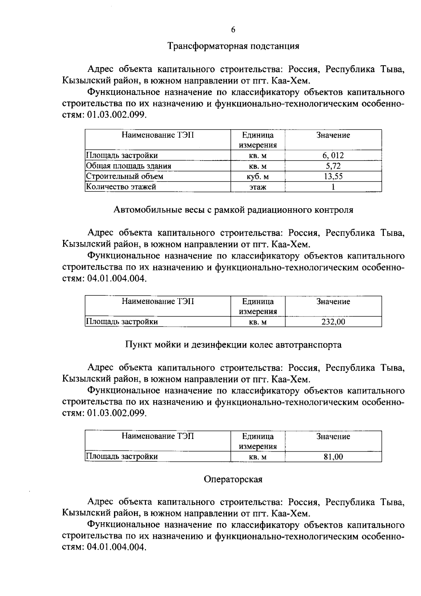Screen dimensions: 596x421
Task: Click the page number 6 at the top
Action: pyautogui.click(x=233, y=30)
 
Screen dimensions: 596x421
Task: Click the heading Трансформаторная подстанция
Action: pyautogui.click(x=233, y=46)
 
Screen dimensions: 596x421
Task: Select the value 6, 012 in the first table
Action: pyautogui.click(x=333, y=155)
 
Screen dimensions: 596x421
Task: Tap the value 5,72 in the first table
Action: pyautogui.click(x=333, y=166)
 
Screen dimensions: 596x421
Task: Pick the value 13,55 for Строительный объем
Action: pyautogui.click(x=333, y=176)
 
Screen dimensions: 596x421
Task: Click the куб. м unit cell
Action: pyautogui.click(x=258, y=177)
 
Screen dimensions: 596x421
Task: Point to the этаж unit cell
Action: pyautogui.click(x=258, y=187)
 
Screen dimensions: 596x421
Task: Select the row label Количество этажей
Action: pyautogui.click(x=121, y=187)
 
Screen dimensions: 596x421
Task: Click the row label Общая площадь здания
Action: pyautogui.click(x=129, y=166)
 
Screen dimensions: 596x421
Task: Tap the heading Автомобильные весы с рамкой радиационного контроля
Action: pyautogui.click(x=233, y=210)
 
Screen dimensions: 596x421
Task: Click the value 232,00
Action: pyautogui.click(x=333, y=322)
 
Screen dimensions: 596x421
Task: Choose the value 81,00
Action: pyautogui.click(x=333, y=457)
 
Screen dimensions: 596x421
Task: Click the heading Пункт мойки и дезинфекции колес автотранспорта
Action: pyautogui.click(x=233, y=345)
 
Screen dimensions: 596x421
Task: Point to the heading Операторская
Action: pyautogui.click(x=233, y=479)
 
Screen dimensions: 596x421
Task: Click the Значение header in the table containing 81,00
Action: pyautogui.click(x=333, y=437)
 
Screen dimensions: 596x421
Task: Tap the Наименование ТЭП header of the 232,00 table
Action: pyautogui.click(x=158, y=301)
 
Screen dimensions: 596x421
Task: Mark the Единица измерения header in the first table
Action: pyautogui.click(x=258, y=140)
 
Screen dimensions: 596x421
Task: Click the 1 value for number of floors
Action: pyautogui.click(x=333, y=187)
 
